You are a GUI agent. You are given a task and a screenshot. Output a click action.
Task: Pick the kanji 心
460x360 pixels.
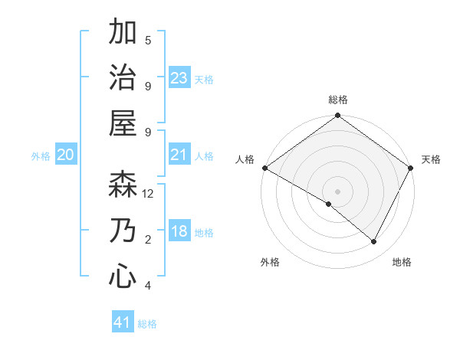coord(123,275)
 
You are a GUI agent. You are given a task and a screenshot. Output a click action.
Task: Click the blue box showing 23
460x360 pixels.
coord(179,78)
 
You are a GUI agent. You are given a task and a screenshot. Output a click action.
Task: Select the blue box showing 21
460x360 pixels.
coord(179,155)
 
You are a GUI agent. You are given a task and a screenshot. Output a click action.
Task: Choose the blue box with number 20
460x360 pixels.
coord(66,155)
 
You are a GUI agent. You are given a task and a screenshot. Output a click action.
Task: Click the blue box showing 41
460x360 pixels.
coord(123,322)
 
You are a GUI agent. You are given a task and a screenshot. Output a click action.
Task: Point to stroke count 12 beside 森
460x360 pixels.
coord(148,194)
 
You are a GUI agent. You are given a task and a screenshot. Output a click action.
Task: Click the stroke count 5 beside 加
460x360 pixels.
coord(148,40)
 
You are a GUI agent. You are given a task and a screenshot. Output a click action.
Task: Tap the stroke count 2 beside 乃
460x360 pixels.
coord(148,240)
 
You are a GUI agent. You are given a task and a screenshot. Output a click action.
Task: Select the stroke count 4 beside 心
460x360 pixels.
coord(148,286)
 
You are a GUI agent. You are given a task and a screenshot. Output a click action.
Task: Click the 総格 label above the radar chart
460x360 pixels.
coord(337,100)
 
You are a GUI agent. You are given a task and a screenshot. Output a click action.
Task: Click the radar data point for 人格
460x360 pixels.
coord(264,168)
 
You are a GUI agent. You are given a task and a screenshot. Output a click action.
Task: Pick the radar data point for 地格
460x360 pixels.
coord(374,242)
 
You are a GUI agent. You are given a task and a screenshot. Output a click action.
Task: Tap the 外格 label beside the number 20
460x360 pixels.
coord(41,155)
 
